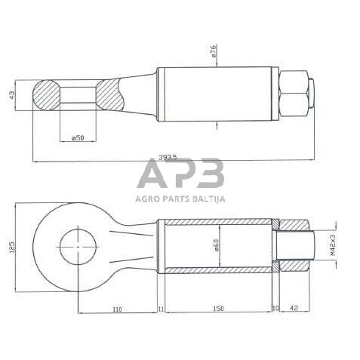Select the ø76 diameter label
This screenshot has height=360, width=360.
(x=214, y=51)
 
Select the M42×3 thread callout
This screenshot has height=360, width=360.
(x=331, y=246)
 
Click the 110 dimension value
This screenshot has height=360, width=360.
(x=118, y=309)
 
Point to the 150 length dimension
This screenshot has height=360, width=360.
(x=219, y=309)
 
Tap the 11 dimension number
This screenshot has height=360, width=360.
(x=162, y=309)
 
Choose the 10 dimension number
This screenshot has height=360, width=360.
(x=275, y=309)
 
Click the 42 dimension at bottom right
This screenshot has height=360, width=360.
(x=295, y=309)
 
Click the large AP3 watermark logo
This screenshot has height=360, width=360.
(x=180, y=174)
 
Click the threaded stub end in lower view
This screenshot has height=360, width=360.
(x=297, y=247)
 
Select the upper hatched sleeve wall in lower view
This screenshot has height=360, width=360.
(x=219, y=223)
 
